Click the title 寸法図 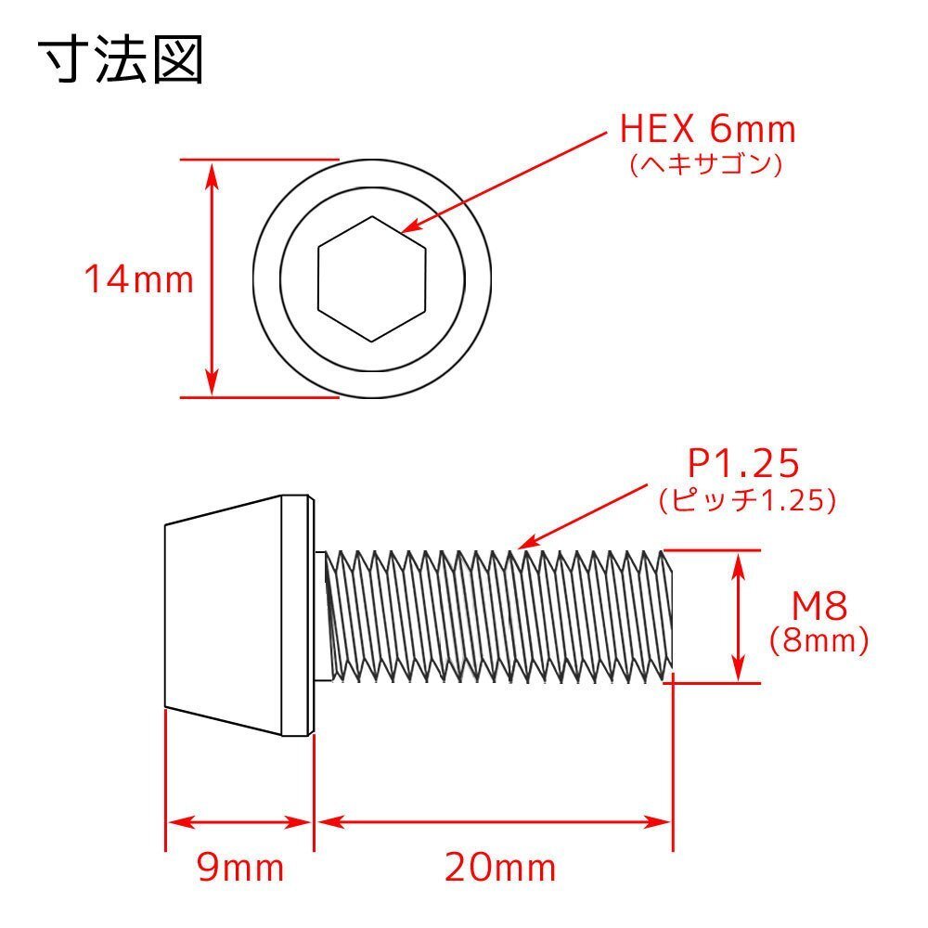[x=121, y=61]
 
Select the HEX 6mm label [x=707, y=128]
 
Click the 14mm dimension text [x=139, y=278]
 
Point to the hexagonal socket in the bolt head [x=372, y=278]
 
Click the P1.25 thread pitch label [x=742, y=462]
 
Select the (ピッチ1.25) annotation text [x=748, y=501]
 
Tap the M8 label [x=819, y=607]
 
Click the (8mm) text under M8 [x=818, y=640]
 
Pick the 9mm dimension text [x=239, y=869]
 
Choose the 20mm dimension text [x=499, y=869]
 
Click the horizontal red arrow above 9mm [x=238, y=822]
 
